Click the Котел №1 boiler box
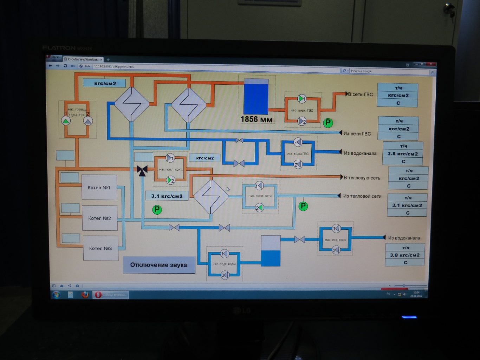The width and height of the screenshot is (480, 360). click(99, 188)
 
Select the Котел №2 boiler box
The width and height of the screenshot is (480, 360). click(99, 218)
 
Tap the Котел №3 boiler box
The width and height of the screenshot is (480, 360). click(100, 248)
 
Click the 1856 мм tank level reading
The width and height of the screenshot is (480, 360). click(257, 119)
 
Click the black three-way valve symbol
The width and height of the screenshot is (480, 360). click(142, 170)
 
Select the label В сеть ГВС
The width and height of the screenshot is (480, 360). click(360, 94)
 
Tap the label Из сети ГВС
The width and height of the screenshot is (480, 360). click(357, 133)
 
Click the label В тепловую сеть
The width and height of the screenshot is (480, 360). click(362, 178)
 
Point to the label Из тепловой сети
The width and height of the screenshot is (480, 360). click(362, 196)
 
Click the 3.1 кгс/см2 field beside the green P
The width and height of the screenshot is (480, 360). click(167, 196)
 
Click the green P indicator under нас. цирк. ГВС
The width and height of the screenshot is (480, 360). click(328, 123)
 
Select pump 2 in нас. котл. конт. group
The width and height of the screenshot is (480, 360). click(170, 181)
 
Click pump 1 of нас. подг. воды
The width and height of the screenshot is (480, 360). click(224, 254)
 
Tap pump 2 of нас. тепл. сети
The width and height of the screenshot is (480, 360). click(259, 208)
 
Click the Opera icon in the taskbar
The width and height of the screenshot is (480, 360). click(98, 295)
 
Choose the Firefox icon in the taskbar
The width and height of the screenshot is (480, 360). click(85, 295)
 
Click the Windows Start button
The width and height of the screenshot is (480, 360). click(56, 294)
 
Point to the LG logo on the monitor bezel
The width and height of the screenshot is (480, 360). click(242, 310)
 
